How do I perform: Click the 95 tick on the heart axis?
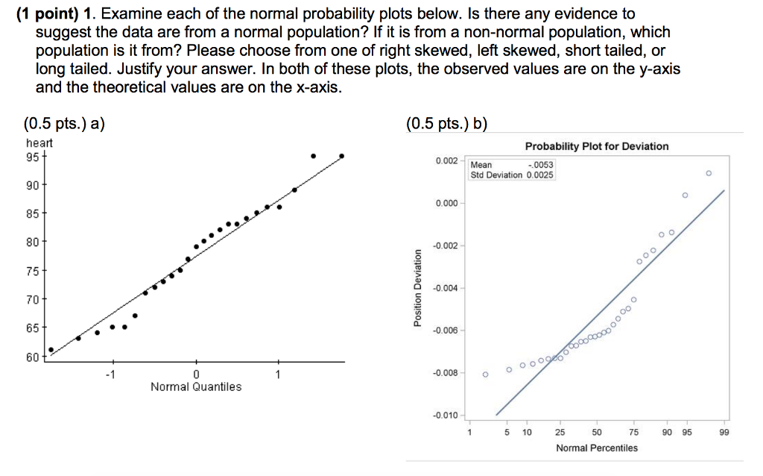click(x=33, y=157)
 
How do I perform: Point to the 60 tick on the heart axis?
click(x=33, y=357)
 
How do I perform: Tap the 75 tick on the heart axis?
click(x=33, y=271)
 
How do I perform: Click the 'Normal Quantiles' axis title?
click(x=196, y=386)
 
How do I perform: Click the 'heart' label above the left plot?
click(x=39, y=143)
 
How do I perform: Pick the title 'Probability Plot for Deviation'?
click(x=597, y=146)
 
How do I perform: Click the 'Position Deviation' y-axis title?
click(x=418, y=286)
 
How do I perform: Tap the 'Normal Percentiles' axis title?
click(x=597, y=448)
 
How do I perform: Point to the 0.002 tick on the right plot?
click(x=447, y=161)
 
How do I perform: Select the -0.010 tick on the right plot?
click(x=446, y=415)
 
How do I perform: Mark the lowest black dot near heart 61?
click(x=51, y=349)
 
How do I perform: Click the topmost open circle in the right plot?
click(x=708, y=173)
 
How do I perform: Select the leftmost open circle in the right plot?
click(x=485, y=375)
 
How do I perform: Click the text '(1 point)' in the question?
click(x=48, y=13)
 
